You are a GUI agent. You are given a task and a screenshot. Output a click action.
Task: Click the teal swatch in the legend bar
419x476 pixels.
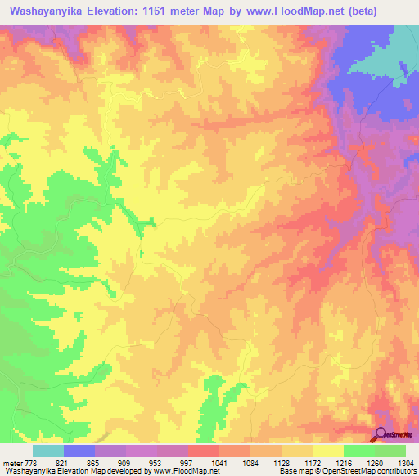pyautogui.click(x=48, y=451)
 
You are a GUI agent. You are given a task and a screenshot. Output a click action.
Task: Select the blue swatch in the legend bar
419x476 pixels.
pyautogui.click(x=79, y=451)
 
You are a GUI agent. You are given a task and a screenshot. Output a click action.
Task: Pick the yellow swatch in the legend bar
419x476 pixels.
pyautogui.click(x=328, y=451)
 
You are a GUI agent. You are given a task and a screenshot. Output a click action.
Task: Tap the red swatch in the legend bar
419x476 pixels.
pyautogui.click(x=204, y=451)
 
